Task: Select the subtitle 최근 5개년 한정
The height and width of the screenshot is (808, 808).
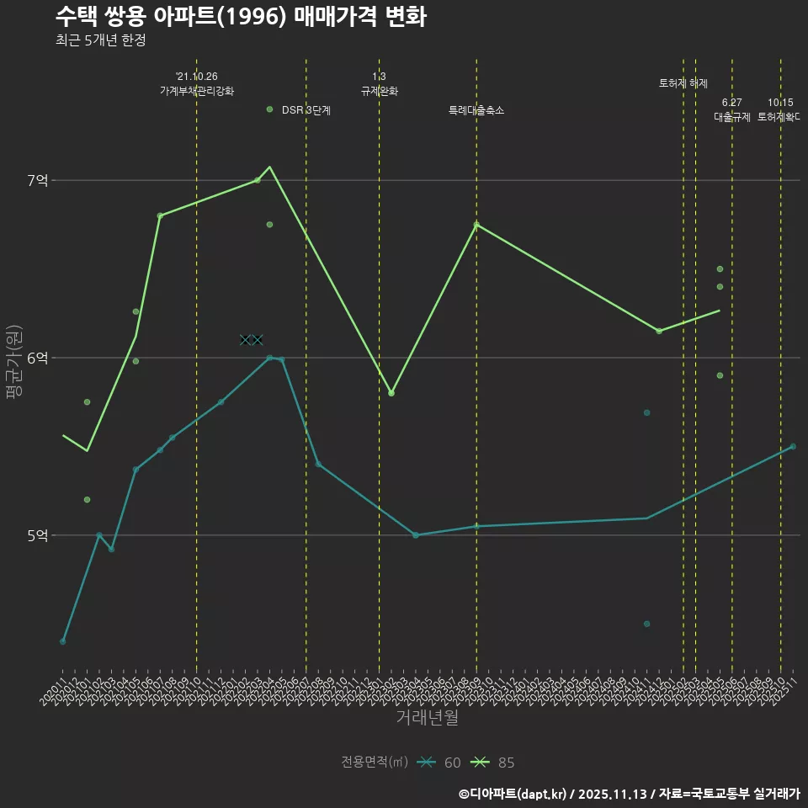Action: pyautogui.click(x=100, y=40)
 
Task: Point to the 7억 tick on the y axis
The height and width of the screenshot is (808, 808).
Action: pyautogui.click(x=38, y=180)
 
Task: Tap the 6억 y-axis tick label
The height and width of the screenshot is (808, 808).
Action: pyautogui.click(x=38, y=358)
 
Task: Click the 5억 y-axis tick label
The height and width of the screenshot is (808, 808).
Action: pyautogui.click(x=38, y=535)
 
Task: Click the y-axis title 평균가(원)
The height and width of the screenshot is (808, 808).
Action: pyautogui.click(x=14, y=362)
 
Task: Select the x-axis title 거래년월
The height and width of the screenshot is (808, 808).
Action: pyautogui.click(x=427, y=717)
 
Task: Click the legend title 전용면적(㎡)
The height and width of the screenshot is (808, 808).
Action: pyautogui.click(x=374, y=763)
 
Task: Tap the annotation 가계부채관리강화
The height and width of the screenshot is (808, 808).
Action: pyautogui.click(x=197, y=90)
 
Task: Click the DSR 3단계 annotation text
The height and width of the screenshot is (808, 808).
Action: pyautogui.click(x=306, y=109)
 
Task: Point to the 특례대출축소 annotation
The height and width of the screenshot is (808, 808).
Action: pyautogui.click(x=476, y=110)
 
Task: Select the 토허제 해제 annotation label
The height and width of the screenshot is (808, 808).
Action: pyautogui.click(x=683, y=83)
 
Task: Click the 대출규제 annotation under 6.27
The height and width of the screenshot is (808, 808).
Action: pyautogui.click(x=731, y=117)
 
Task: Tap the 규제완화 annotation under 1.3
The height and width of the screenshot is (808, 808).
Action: pyautogui.click(x=379, y=91)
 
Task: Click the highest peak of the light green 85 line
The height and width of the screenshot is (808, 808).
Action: pyautogui.click(x=269, y=167)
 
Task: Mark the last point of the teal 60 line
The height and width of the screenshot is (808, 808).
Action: pyautogui.click(x=793, y=446)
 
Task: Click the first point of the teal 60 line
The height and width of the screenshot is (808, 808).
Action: pyautogui.click(x=62, y=641)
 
